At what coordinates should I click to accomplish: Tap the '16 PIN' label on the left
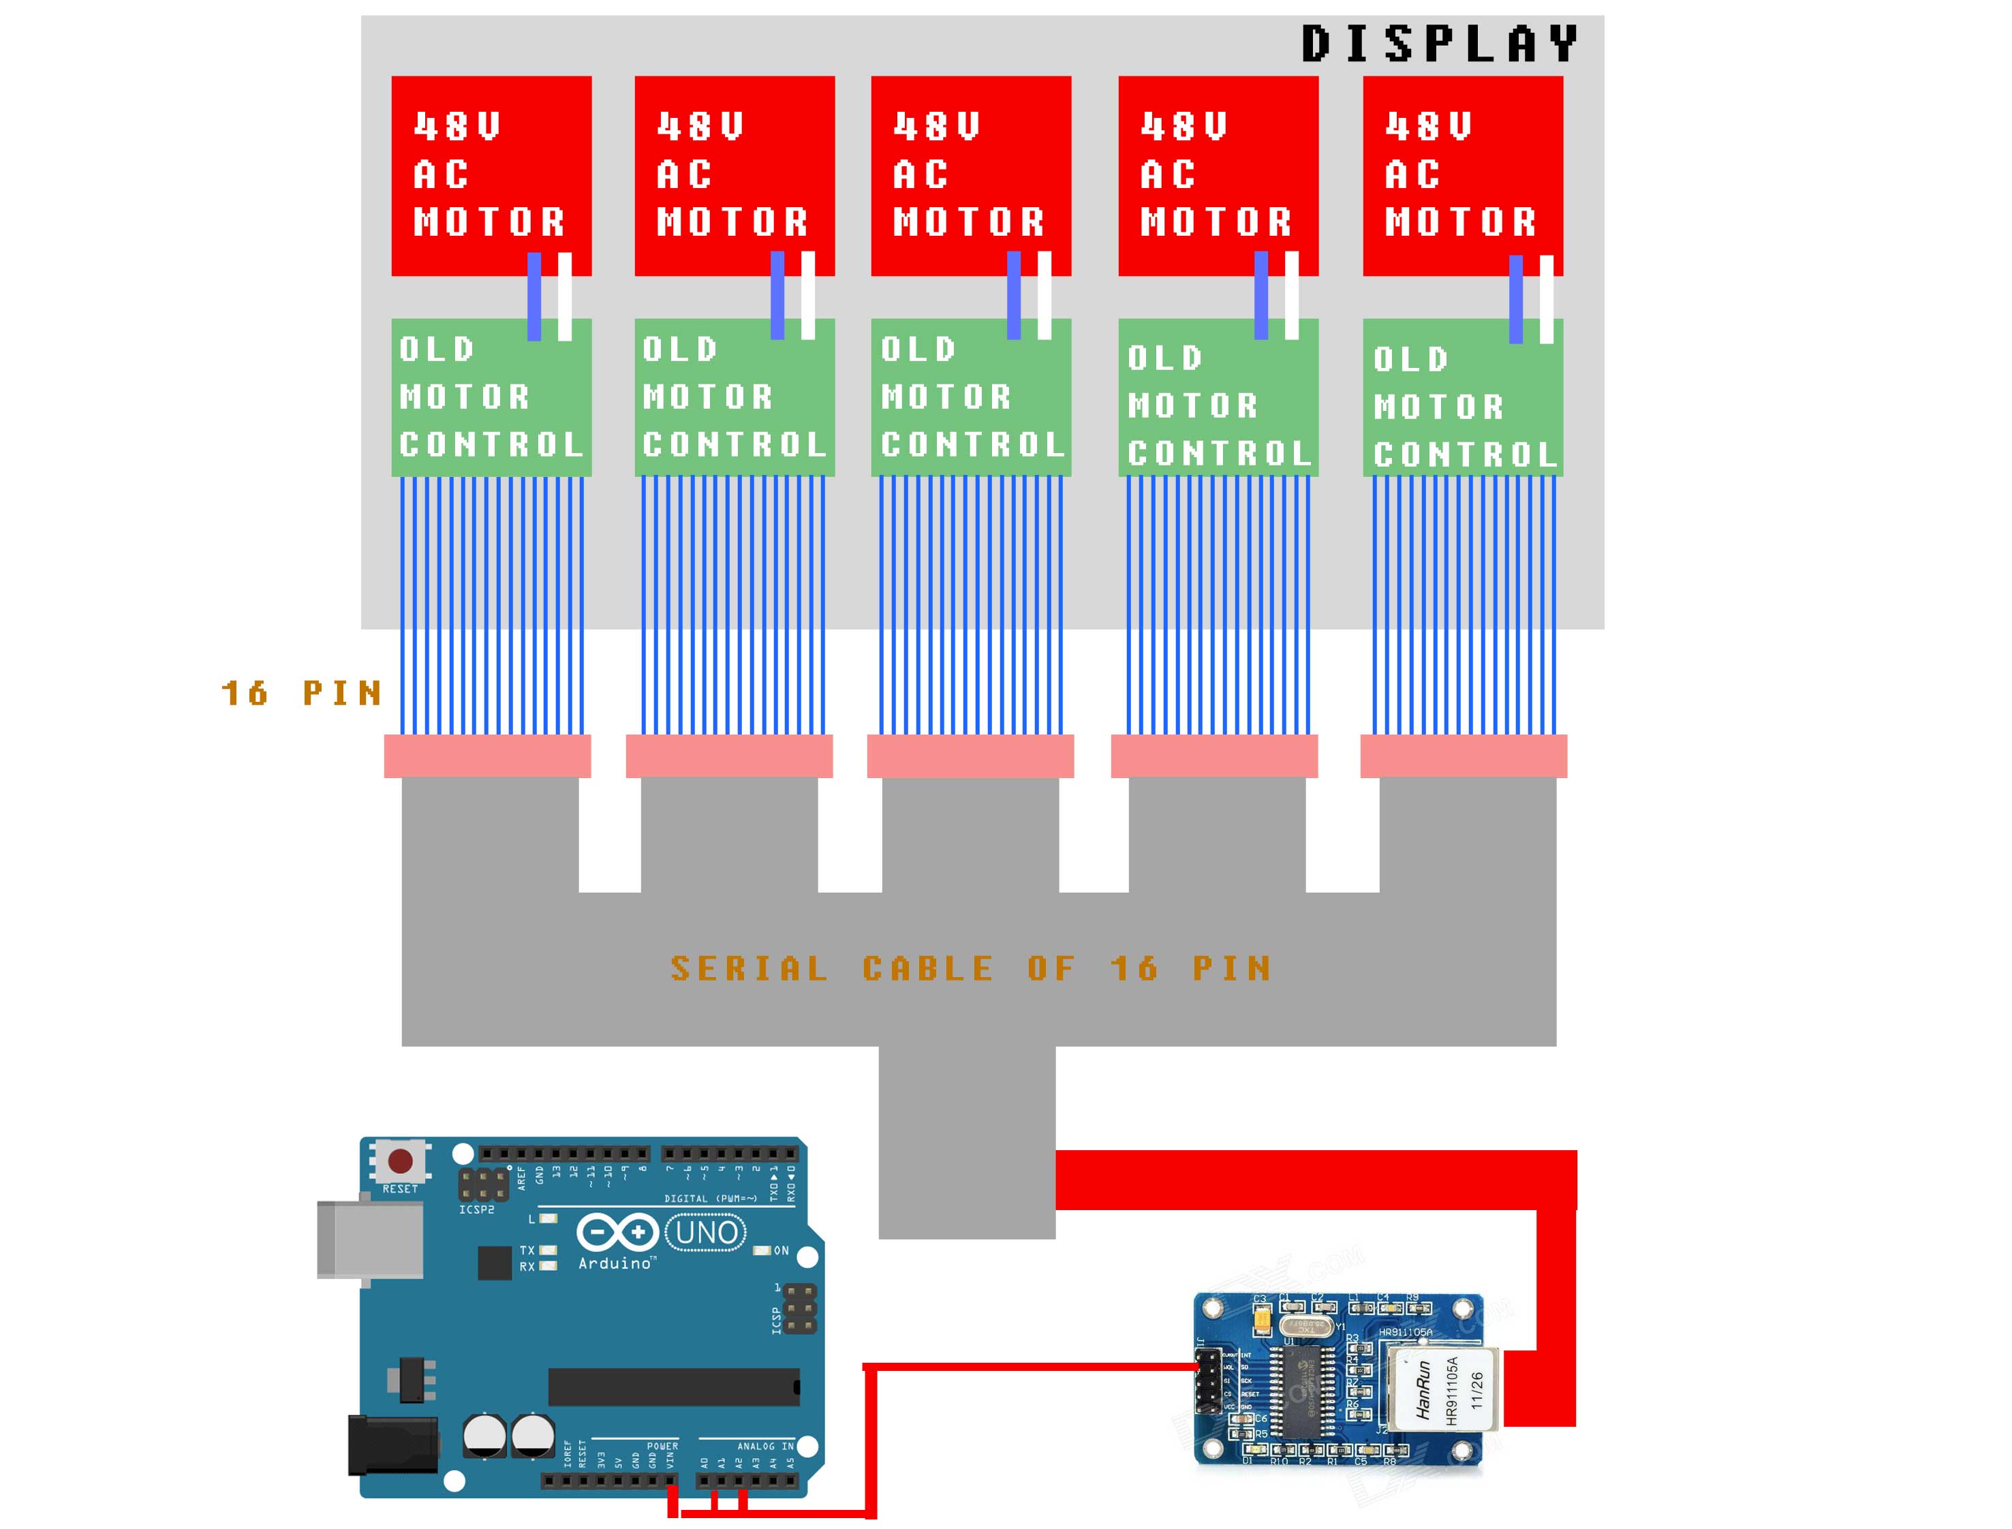coord(301,694)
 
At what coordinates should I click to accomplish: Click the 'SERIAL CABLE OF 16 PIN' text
coord(970,968)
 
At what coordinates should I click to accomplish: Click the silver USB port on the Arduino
coord(369,1239)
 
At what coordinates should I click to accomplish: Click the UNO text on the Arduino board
coord(706,1233)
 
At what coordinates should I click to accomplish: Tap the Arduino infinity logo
coord(617,1233)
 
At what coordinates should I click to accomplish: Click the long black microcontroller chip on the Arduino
coord(673,1387)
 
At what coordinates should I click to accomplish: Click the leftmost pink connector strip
coord(487,756)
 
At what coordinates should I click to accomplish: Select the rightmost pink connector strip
coord(1464,756)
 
